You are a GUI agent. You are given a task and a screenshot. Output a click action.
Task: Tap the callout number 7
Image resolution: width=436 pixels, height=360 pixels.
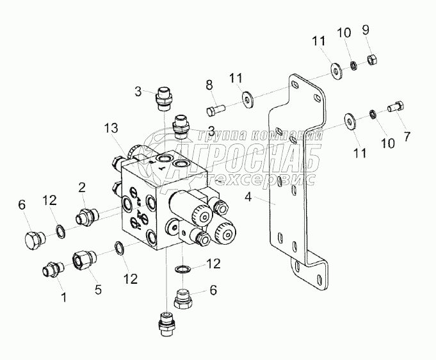(406, 136)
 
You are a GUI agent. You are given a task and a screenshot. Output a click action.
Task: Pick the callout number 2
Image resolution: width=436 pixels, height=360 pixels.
(82, 187)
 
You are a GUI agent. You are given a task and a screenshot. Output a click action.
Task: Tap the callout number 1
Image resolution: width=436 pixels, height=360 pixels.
(63, 297)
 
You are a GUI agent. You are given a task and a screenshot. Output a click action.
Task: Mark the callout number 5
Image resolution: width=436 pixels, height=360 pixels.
(98, 289)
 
